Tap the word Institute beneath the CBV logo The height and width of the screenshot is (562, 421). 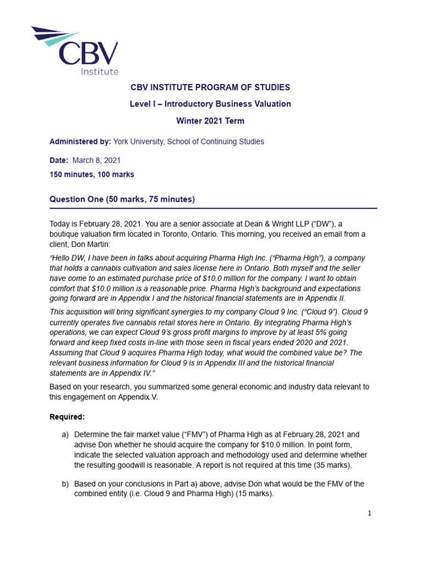click(99, 71)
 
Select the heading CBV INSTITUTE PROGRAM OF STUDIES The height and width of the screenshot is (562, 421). click(210, 87)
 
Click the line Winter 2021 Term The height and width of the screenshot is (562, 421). click(210, 121)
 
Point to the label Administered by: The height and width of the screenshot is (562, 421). click(80, 142)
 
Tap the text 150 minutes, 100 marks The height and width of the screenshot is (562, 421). click(92, 175)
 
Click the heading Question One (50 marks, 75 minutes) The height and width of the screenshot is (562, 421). click(122, 199)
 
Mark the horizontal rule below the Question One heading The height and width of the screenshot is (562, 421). click(213, 209)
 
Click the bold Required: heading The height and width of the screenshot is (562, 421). click(67, 417)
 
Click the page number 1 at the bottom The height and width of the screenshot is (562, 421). click(370, 513)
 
